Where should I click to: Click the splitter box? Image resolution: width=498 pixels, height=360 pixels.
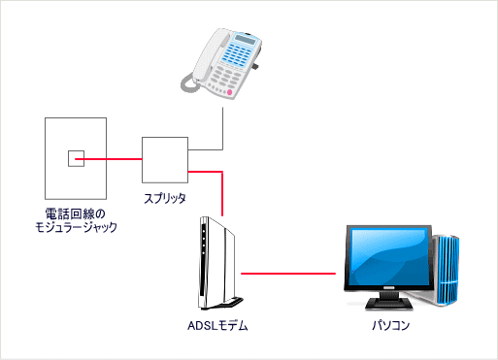click(164, 159)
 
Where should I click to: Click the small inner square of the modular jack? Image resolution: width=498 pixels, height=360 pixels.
click(75, 159)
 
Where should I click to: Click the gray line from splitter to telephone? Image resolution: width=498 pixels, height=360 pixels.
click(223, 131)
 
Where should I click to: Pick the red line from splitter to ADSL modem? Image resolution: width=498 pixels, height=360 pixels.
click(223, 189)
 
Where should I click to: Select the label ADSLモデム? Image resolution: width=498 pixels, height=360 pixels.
click(217, 327)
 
